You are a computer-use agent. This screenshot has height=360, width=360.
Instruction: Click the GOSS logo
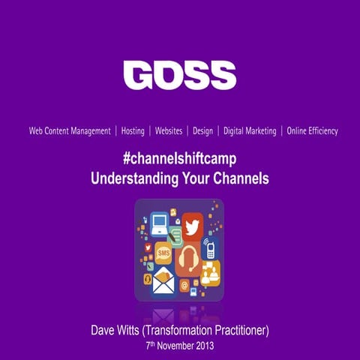tap(179, 76)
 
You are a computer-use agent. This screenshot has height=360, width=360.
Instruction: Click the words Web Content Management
tap(70, 130)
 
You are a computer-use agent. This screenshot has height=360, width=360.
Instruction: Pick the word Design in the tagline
tap(202, 130)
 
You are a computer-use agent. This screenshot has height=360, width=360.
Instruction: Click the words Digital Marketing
tap(250, 130)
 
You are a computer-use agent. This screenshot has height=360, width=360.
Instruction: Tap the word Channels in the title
tap(241, 179)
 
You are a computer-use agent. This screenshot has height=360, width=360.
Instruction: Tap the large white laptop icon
tap(160, 223)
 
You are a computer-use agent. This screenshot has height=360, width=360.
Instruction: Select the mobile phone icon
tap(211, 248)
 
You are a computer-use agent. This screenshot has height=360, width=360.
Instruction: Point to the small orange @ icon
tap(185, 285)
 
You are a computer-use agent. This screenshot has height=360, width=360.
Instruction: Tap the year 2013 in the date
tap(202, 347)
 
